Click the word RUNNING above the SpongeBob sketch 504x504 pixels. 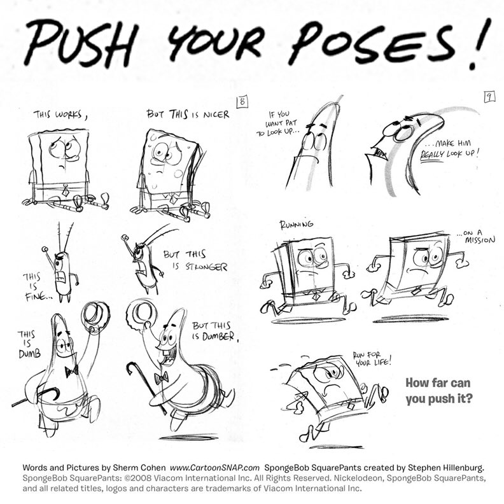click(x=297, y=225)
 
